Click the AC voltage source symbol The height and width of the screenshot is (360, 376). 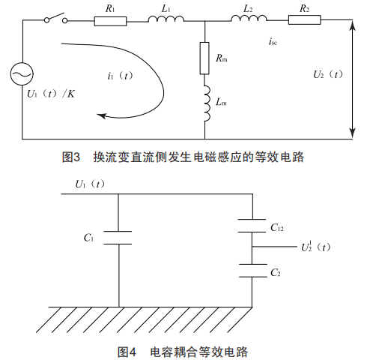[x=22, y=73]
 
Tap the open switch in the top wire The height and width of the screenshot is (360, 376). [x=55, y=18]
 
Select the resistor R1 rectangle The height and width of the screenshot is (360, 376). [x=110, y=21]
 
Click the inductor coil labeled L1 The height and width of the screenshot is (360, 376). [x=166, y=19]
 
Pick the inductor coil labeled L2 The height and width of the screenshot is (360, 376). [x=249, y=18]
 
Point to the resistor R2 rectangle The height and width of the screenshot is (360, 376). [x=305, y=19]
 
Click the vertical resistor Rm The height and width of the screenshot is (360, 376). [x=204, y=58]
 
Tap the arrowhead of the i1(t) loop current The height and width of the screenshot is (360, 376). [x=101, y=115]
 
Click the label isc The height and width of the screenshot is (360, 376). [x=273, y=41]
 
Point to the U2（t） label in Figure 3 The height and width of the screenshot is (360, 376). [x=328, y=74]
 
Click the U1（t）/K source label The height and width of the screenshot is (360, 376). [x=51, y=94]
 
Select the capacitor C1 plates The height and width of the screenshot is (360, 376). [x=118, y=238]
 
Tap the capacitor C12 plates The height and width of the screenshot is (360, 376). [x=252, y=226]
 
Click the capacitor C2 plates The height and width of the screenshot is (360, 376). [x=253, y=271]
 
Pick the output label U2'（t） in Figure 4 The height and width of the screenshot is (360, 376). [x=315, y=247]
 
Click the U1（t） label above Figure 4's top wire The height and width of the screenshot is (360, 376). [x=90, y=184]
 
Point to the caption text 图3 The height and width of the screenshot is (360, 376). [x=71, y=157]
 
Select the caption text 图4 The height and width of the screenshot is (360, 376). [x=127, y=352]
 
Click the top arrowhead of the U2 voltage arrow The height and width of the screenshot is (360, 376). [x=352, y=25]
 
